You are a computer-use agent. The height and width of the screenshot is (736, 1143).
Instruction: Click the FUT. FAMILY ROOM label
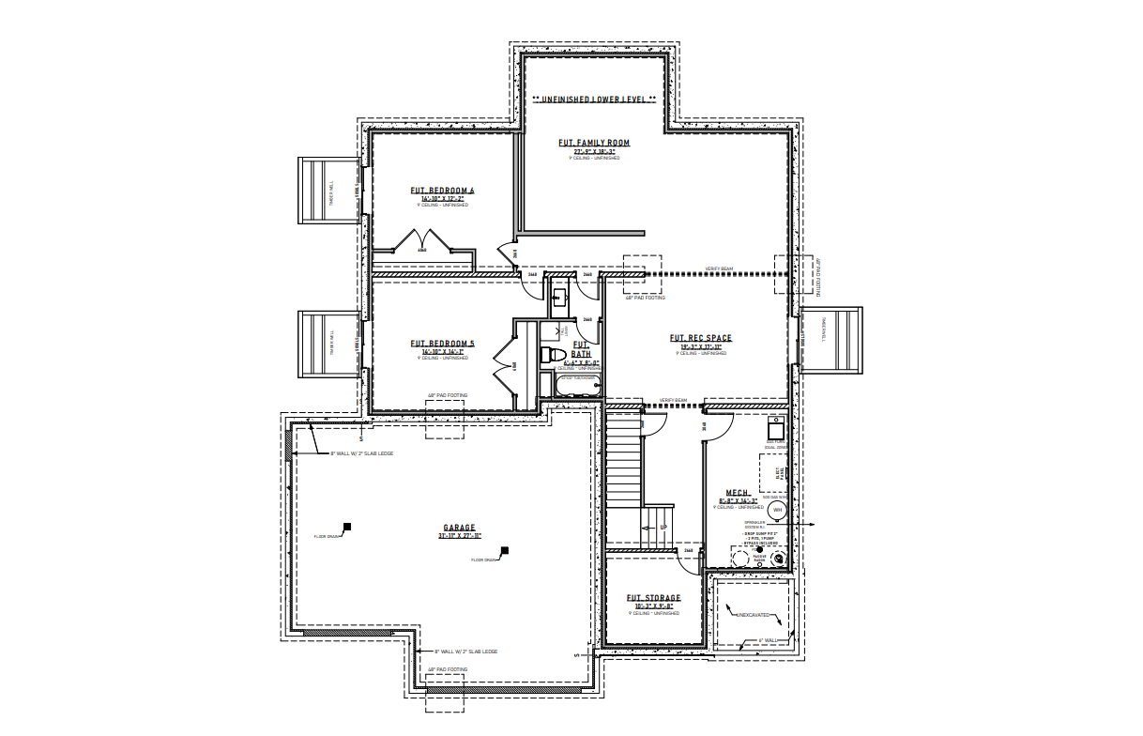[x=594, y=143]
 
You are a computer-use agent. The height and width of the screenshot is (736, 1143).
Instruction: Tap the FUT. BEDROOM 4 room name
[x=443, y=191]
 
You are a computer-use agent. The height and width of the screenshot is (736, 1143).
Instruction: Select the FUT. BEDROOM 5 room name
[x=443, y=344]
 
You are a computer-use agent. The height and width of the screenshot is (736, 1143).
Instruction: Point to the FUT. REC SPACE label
[x=700, y=338]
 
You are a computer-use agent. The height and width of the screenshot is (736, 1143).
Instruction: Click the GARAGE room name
[x=459, y=528]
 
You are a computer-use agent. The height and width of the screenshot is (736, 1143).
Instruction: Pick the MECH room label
[x=737, y=492]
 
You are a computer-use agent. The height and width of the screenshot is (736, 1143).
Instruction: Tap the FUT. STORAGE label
[x=653, y=598]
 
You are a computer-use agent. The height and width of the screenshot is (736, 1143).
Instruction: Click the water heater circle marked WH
[x=777, y=510]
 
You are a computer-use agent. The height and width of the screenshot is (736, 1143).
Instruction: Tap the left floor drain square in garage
[x=346, y=527]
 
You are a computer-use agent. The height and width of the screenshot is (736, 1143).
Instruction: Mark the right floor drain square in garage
[x=504, y=550]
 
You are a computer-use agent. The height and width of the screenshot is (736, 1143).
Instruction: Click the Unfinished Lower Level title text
[x=594, y=99]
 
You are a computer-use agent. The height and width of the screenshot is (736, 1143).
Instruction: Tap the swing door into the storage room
[x=693, y=560]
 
